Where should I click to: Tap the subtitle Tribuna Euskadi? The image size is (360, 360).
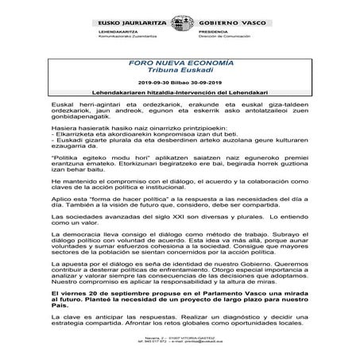point(180,69)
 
